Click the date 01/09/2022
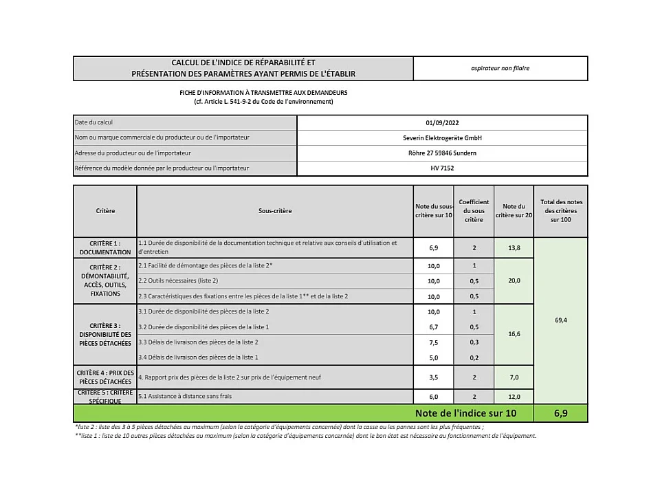442,122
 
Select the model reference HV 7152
442,168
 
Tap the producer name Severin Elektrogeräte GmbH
442,137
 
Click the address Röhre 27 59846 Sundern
442,153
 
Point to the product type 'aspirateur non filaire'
500,68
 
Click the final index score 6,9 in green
560,413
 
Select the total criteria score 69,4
560,320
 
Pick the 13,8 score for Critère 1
514,247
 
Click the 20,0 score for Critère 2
514,280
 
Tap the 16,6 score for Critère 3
514,334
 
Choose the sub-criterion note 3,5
434,377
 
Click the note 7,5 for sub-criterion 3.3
434,342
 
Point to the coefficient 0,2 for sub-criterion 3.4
474,357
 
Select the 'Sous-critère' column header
275,210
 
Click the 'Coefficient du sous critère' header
474,210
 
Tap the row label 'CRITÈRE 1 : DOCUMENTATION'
104,247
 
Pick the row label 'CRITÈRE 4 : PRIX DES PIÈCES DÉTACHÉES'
104,377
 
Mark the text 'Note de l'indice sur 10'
465,413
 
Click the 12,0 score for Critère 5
514,397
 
